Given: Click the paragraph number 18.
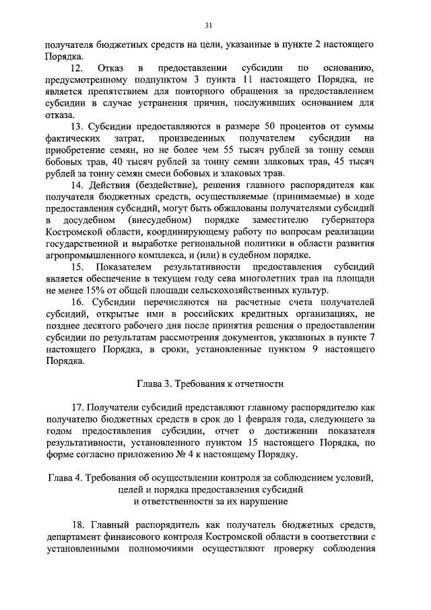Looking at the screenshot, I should pos(76,524).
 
